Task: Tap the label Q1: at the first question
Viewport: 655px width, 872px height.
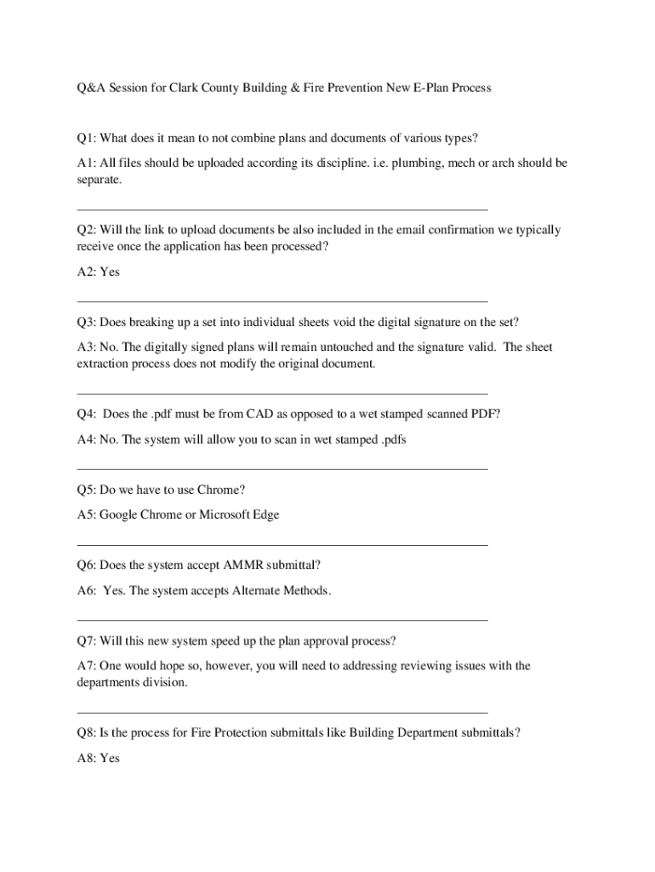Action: tap(86, 138)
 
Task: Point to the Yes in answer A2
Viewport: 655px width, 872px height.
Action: tap(110, 272)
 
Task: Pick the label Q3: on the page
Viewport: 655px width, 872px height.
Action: tap(86, 322)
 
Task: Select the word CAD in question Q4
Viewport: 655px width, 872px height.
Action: tap(260, 414)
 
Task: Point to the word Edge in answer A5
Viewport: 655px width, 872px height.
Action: tap(265, 514)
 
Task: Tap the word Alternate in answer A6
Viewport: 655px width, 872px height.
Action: tap(257, 590)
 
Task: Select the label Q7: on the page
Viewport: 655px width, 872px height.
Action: tap(86, 640)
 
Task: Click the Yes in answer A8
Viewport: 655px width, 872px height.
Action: tap(110, 757)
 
